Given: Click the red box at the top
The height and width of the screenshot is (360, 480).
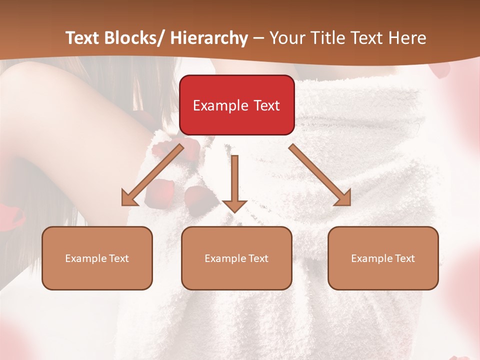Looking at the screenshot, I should [236, 105].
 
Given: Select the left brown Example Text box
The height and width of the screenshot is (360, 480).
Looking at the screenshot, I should [97, 258].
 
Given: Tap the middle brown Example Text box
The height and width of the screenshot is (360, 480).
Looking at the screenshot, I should [236, 258].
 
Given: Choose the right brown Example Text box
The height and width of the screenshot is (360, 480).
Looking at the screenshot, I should [383, 258].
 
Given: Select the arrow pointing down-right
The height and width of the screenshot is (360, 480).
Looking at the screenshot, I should [320, 175].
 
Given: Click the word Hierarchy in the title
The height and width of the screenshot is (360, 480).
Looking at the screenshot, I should [208, 38].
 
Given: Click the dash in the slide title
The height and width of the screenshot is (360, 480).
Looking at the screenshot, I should [258, 38].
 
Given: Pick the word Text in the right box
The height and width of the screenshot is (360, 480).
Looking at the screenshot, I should [404, 258].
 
